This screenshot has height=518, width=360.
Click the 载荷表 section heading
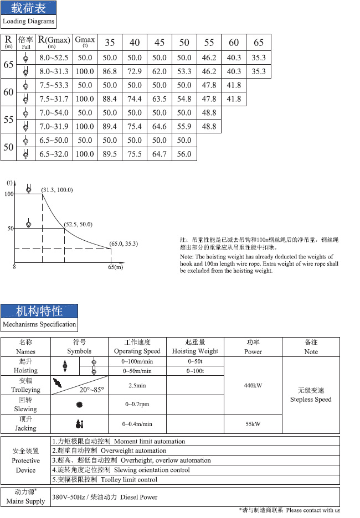(28, 8)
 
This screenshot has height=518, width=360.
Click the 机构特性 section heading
(39, 310)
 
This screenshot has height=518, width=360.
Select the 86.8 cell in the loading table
(110, 71)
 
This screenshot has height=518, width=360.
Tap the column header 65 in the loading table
(258, 43)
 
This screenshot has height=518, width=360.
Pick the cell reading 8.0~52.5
(53, 58)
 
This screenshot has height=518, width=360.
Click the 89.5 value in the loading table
(110, 154)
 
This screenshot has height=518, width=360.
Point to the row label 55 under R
(8, 120)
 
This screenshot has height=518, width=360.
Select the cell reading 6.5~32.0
(53, 154)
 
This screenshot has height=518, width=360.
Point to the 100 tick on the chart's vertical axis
(9, 194)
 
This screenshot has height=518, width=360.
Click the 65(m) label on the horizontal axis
(115, 267)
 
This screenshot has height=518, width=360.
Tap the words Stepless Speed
(311, 399)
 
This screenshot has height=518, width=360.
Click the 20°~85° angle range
(91, 390)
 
